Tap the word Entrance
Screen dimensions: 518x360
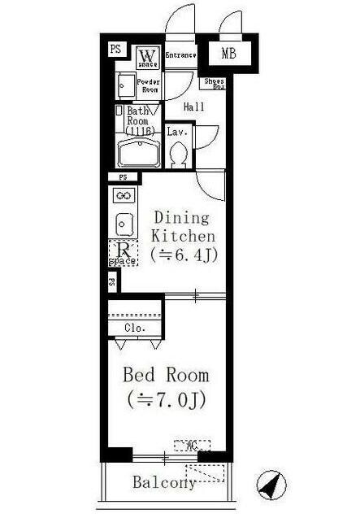click(180, 55)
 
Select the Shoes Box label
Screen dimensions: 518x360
click(214, 83)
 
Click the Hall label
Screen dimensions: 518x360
click(193, 107)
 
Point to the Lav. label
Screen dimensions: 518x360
click(177, 130)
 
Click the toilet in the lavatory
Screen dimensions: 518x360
click(180, 152)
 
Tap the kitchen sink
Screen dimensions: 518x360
click(124, 222)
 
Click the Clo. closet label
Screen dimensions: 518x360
click(135, 328)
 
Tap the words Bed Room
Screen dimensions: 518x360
click(166, 376)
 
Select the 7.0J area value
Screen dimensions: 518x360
click(167, 400)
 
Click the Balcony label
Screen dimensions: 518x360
click(163, 483)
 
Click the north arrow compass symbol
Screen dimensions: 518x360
click(272, 485)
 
